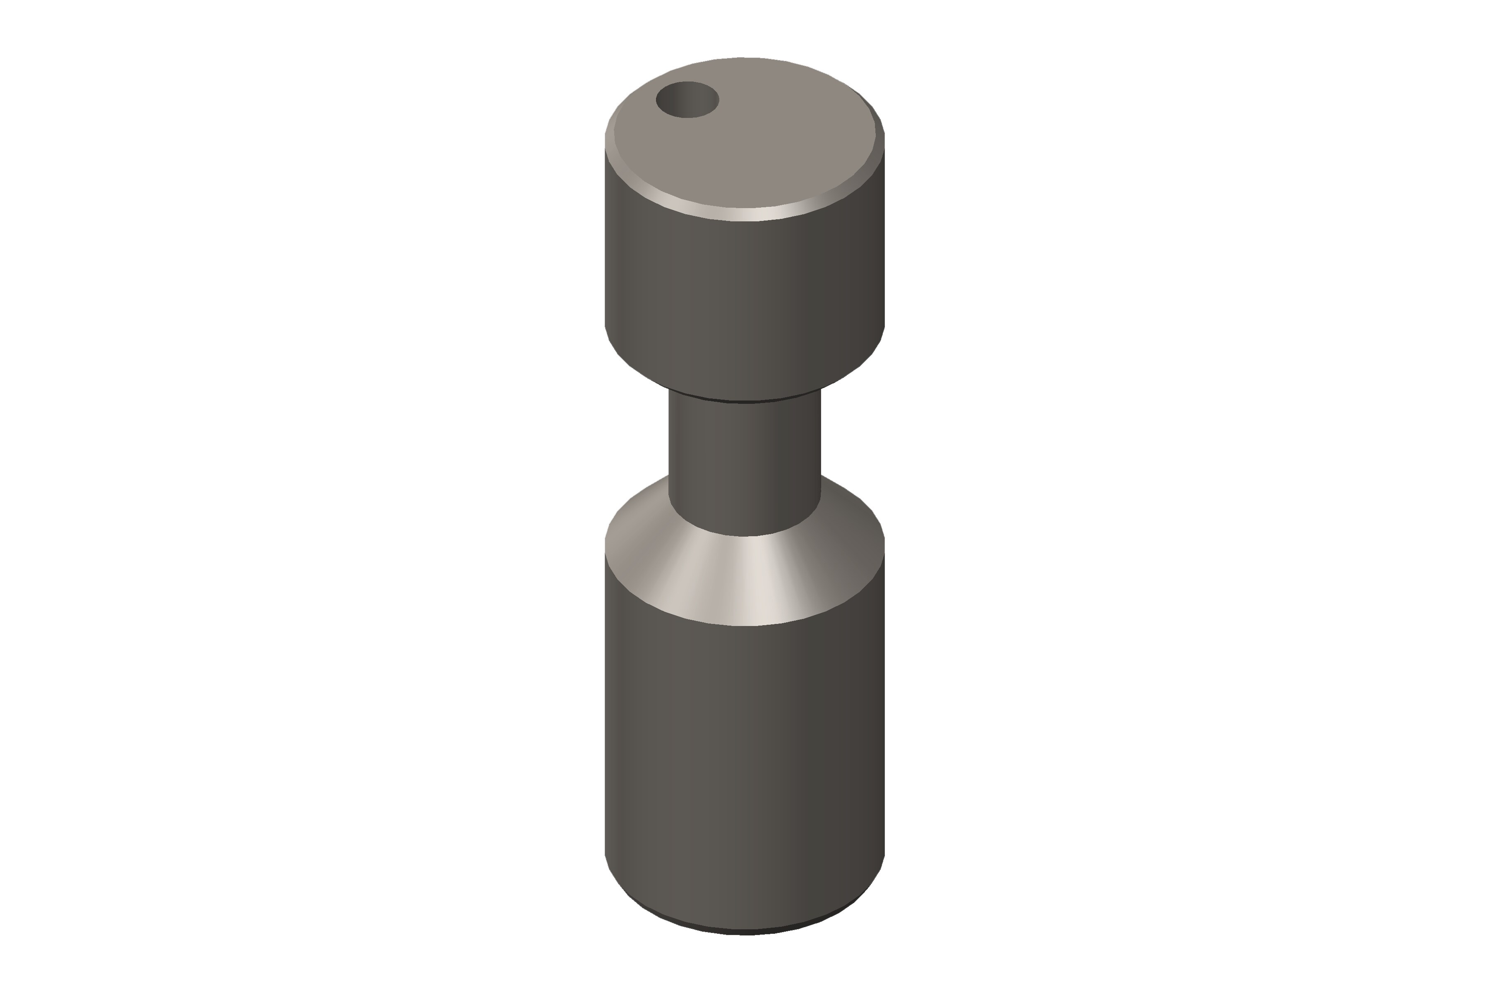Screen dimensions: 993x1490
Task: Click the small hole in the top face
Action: pyautogui.click(x=687, y=99)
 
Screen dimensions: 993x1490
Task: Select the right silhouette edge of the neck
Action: pyautogui.click(x=820, y=443)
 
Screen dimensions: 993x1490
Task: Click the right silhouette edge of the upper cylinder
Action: pyautogui.click(x=884, y=253)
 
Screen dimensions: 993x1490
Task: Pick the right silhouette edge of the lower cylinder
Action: pyautogui.click(x=884, y=728)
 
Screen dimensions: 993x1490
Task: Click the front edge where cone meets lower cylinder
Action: pyautogui.click(x=745, y=625)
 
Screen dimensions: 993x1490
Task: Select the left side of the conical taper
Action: pyautogui.click(x=634, y=544)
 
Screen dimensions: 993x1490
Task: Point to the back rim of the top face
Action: pyautogui.click(x=745, y=58)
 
